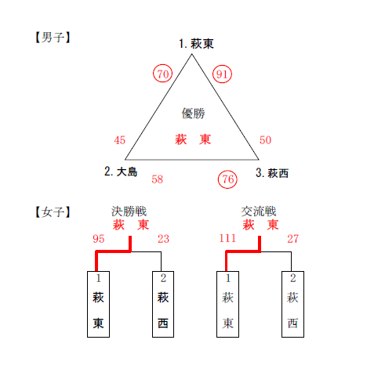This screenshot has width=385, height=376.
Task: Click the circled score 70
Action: tap(162, 74)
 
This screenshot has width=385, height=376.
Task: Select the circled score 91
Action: tap(222, 74)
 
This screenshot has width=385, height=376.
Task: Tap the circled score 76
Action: tap(227, 179)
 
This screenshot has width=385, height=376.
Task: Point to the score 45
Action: tap(120, 140)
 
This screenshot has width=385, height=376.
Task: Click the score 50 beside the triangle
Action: tap(265, 140)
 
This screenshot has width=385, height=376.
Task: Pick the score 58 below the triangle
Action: tap(157, 179)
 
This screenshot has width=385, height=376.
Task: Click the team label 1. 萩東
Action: tap(196, 44)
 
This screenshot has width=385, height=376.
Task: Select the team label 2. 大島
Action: tap(121, 172)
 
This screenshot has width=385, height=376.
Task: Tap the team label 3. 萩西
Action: tap(272, 173)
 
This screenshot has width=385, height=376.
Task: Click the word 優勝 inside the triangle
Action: tap(193, 114)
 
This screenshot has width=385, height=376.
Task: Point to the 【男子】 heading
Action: tap(53, 38)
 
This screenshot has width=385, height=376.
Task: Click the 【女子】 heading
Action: tap(53, 211)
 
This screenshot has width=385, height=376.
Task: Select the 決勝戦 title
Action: tap(129, 211)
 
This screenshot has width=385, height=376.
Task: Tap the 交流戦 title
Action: tap(259, 211)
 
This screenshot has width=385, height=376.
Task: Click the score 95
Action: tap(99, 239)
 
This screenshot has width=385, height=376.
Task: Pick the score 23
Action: tap(163, 239)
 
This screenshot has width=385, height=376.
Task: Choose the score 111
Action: tap(227, 238)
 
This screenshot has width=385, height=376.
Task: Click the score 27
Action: tap(292, 239)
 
